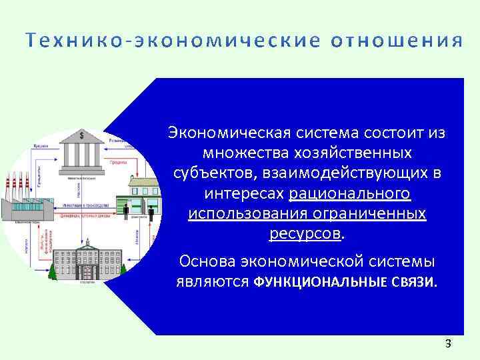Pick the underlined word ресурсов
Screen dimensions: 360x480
coord(305,234)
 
